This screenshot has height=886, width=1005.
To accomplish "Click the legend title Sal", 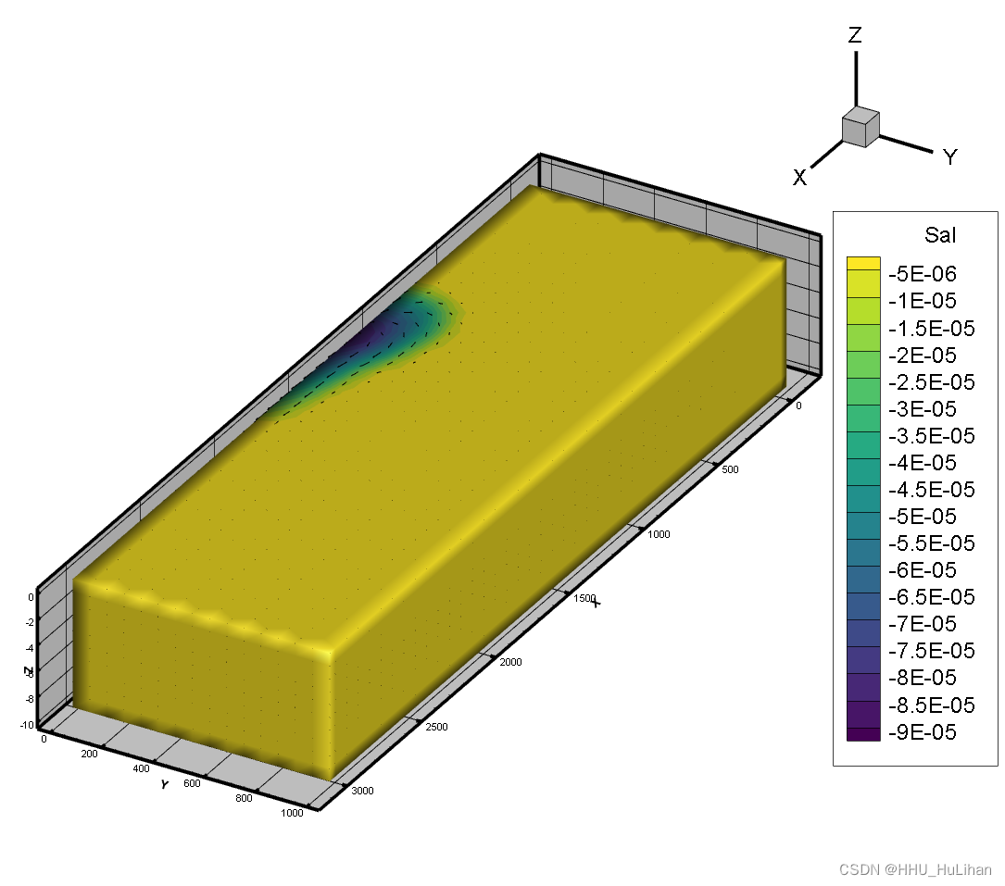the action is click(939, 235).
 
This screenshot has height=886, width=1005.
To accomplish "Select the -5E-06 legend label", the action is click(923, 274).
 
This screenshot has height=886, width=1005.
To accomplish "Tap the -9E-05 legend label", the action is click(923, 731).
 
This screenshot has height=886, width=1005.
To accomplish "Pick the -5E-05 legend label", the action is click(923, 517).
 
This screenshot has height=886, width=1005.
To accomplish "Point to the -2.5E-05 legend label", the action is click(931, 381).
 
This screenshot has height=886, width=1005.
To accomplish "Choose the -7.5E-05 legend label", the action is click(931, 651).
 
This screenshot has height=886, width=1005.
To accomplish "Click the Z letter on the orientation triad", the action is click(855, 34).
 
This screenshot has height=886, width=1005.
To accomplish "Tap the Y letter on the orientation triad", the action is click(950, 157).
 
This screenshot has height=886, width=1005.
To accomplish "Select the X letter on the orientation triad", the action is click(799, 178).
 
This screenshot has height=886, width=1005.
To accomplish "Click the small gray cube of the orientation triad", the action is click(861, 127).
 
